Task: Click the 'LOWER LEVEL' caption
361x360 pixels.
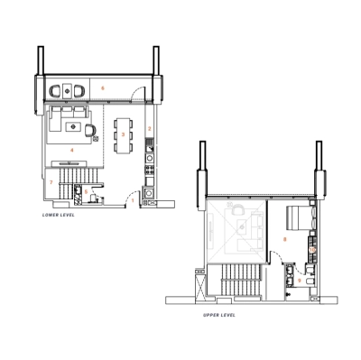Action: pyautogui.click(x=59, y=216)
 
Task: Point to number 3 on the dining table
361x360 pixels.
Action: pyautogui.click(x=123, y=134)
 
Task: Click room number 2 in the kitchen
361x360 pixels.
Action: pyautogui.click(x=150, y=129)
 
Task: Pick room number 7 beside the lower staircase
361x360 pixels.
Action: pyautogui.click(x=51, y=183)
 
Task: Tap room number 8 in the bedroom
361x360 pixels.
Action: pyautogui.click(x=285, y=239)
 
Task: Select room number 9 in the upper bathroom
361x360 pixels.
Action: pyautogui.click(x=301, y=281)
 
